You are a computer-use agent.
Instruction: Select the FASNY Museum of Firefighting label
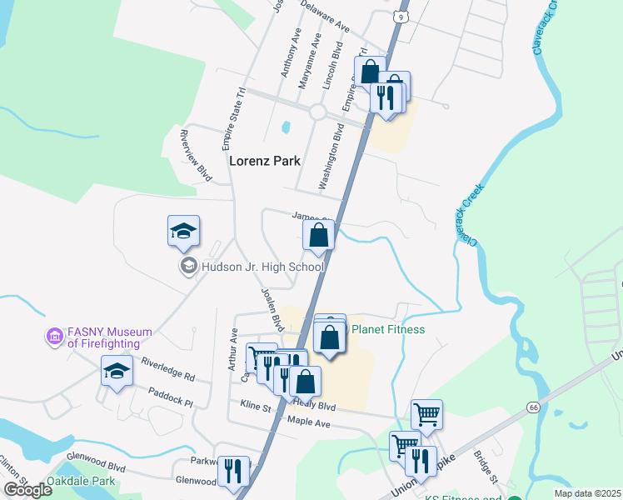coord(109,337)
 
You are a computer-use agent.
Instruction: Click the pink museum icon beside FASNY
coord(55,337)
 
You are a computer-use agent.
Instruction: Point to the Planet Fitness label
coord(388,329)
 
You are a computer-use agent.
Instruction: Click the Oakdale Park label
coord(82,482)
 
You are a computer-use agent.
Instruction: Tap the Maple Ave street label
coord(309,424)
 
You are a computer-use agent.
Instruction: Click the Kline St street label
coord(256,407)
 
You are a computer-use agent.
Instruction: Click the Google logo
coord(27,490)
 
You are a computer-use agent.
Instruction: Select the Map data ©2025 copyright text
coord(586,493)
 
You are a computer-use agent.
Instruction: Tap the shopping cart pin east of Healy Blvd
coord(426,413)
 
